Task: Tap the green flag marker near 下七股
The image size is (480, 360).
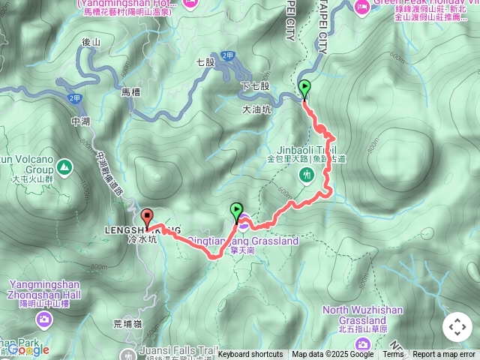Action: (x=304, y=89)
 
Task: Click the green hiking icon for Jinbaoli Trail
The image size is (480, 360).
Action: (x=305, y=175)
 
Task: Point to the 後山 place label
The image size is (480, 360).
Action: (x=91, y=43)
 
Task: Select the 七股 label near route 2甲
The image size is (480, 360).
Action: (x=205, y=62)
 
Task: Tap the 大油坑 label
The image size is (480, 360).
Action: (x=256, y=109)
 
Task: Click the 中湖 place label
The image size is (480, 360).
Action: (x=80, y=120)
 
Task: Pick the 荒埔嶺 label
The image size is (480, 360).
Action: (x=127, y=324)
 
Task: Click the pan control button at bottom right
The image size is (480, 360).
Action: (x=457, y=327)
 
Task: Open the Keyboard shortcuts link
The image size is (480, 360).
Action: (x=250, y=355)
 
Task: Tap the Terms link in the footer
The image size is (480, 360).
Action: (x=393, y=355)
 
